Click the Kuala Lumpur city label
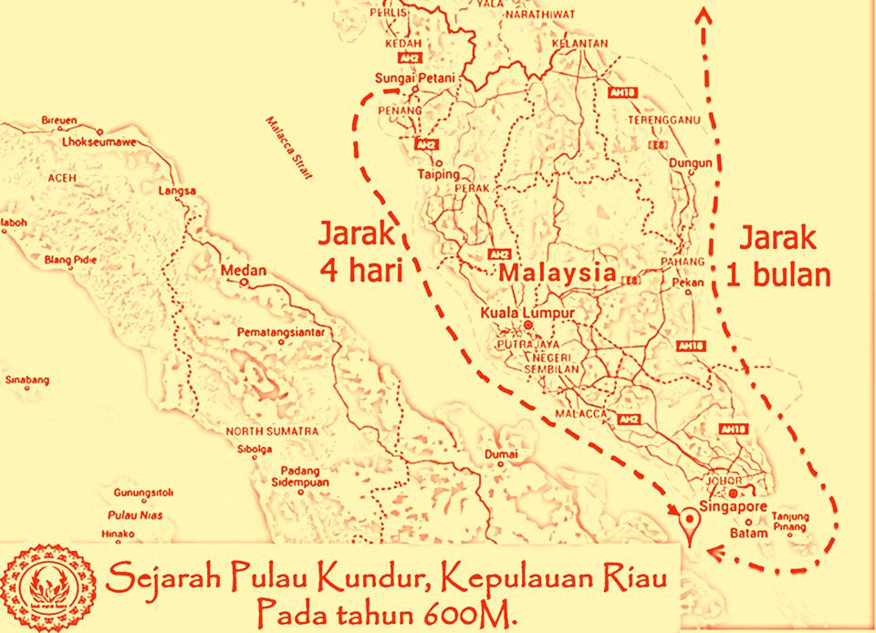(x=527, y=314)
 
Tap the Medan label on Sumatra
(x=243, y=271)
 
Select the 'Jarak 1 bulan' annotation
(x=778, y=256)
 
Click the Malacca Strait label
(x=287, y=146)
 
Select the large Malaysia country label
(x=557, y=273)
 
